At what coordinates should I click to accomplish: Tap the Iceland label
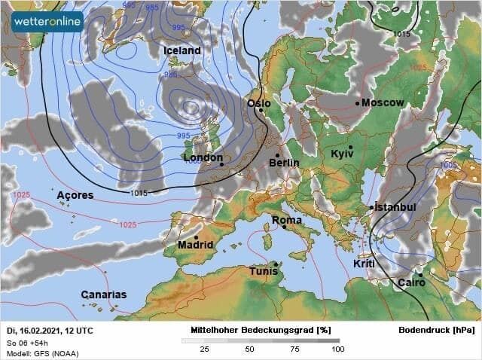pyautogui.click(x=182, y=50)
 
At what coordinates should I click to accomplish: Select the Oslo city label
pyautogui.click(x=259, y=103)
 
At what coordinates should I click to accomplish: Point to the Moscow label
pyautogui.click(x=383, y=102)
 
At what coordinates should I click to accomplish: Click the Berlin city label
pyautogui.click(x=284, y=162)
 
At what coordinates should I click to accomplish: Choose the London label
pyautogui.click(x=203, y=158)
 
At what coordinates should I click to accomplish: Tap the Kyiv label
pyautogui.click(x=342, y=154)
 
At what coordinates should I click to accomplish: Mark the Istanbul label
pyautogui.click(x=395, y=207)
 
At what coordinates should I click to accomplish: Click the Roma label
pyautogui.click(x=287, y=221)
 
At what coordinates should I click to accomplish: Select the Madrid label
pyautogui.click(x=196, y=245)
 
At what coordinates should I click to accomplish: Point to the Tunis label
pyautogui.click(x=264, y=271)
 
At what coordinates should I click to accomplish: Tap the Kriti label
pyautogui.click(x=363, y=264)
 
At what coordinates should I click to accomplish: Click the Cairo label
pyautogui.click(x=411, y=282)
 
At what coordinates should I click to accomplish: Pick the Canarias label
pyautogui.click(x=104, y=294)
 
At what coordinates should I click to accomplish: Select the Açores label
pyautogui.click(x=75, y=195)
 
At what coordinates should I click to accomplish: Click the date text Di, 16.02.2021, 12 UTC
pyautogui.click(x=50, y=331)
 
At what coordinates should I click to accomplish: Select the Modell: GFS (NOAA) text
pyautogui.click(x=42, y=353)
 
